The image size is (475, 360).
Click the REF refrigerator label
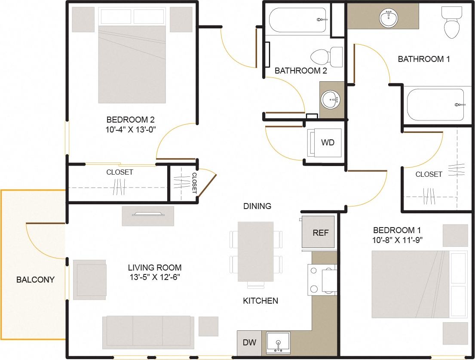point(320,233)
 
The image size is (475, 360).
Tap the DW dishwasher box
point(249,343)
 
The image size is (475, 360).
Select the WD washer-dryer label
point(328,142)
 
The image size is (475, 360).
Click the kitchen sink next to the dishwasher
point(278,343)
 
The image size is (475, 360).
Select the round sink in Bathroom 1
point(388,18)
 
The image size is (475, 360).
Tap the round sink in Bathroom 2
point(331,101)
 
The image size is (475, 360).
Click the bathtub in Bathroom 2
point(298,20)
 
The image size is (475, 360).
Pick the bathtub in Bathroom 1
point(435,105)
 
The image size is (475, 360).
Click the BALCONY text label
point(35,280)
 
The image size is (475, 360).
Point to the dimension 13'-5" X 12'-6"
point(154,277)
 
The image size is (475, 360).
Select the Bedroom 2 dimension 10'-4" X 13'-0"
point(131,129)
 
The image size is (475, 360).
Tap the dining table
point(256,252)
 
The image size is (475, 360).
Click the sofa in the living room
point(148,331)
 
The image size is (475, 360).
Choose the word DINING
point(257,206)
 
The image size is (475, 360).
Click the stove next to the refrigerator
point(322,280)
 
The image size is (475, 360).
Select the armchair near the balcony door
point(90,280)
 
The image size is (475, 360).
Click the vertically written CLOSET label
point(194,182)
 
